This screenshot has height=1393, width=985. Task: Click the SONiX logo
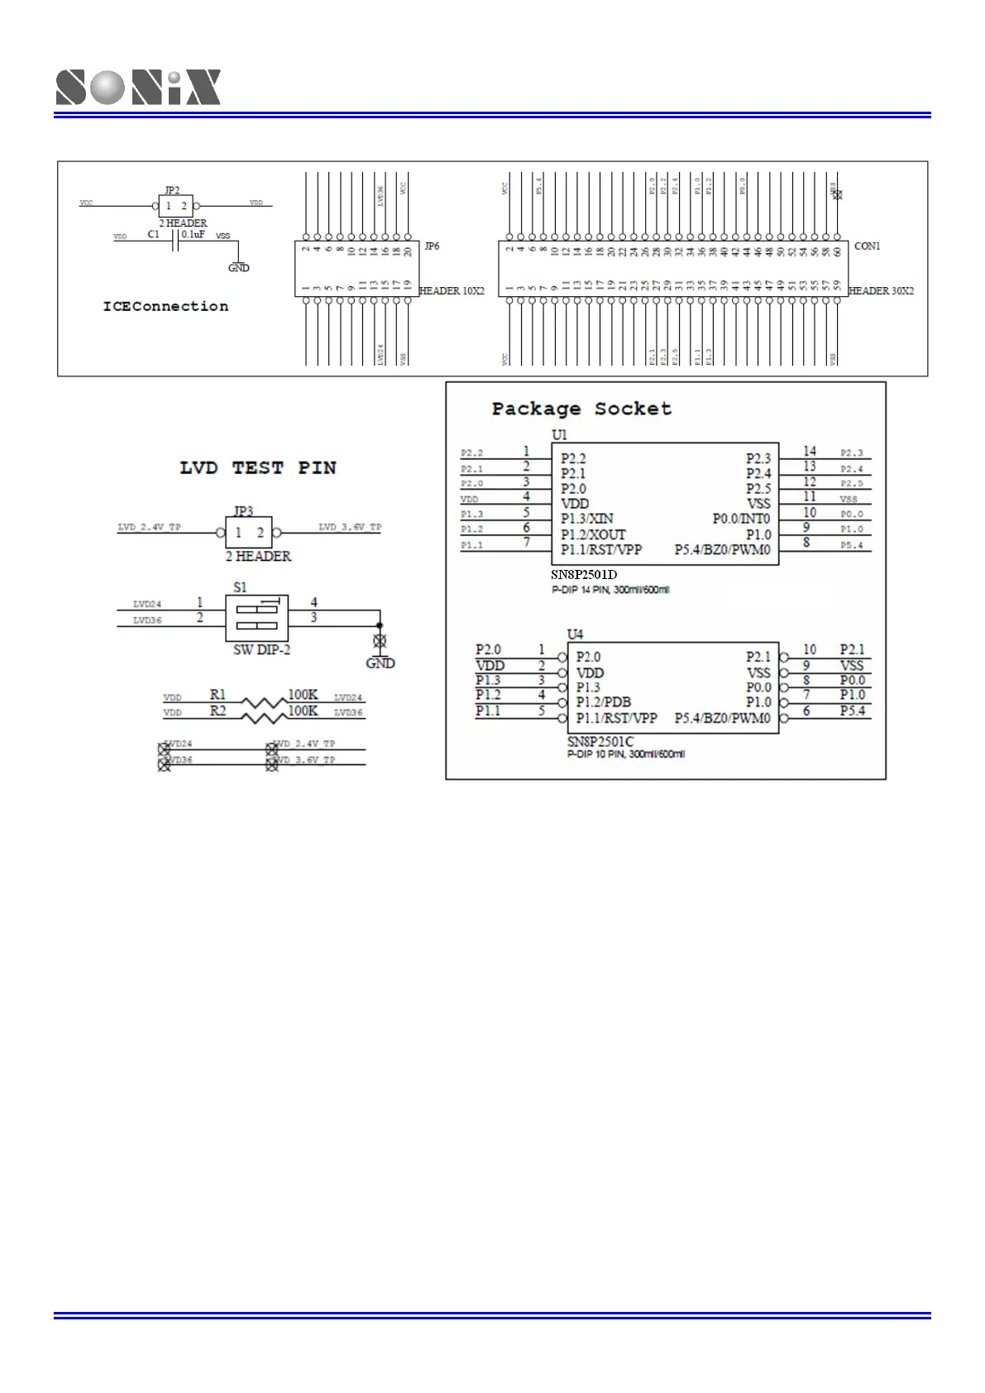click(x=138, y=87)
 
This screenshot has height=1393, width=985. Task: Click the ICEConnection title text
click(x=165, y=306)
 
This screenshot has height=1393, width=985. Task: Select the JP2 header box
click(x=175, y=206)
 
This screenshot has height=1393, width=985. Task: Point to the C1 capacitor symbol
click(x=175, y=241)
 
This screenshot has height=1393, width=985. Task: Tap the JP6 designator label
click(x=432, y=247)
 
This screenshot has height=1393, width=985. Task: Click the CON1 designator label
click(x=867, y=247)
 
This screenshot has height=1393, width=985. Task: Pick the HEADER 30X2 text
click(x=881, y=290)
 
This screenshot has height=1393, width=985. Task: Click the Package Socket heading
click(x=581, y=409)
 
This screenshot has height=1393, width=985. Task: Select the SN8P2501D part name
click(x=584, y=575)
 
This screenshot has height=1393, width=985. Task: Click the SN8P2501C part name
click(x=600, y=741)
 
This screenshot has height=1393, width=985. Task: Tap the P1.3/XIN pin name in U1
click(x=587, y=519)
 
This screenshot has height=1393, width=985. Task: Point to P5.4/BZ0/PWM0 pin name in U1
click(x=722, y=550)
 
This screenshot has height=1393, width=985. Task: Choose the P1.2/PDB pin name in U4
click(x=604, y=702)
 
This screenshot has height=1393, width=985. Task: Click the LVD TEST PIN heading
click(x=258, y=468)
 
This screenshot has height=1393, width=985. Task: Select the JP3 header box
click(x=249, y=533)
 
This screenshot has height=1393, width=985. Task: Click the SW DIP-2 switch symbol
click(x=256, y=618)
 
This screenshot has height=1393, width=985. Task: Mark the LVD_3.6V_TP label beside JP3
click(x=350, y=527)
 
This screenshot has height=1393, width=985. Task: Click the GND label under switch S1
click(x=380, y=663)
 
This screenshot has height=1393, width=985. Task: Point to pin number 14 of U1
click(x=810, y=451)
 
